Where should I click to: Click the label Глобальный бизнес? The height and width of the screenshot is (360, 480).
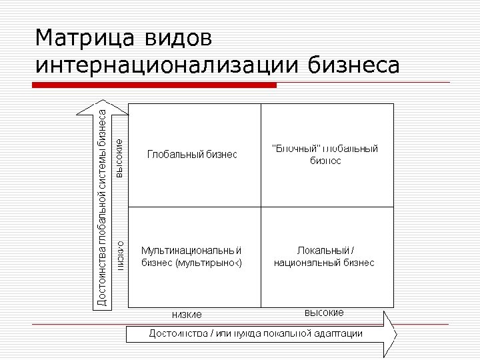coord(192,155)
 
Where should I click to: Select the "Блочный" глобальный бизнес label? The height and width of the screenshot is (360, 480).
coord(325,154)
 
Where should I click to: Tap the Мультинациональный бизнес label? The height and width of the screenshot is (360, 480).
coord(191,257)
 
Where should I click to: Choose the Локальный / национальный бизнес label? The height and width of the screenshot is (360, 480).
coord(325,257)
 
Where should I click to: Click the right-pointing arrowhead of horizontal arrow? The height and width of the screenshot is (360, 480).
coord(390,333)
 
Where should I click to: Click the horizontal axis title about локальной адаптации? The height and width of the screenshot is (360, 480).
coord(255,333)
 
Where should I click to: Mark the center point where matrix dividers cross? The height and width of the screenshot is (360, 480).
coord(261,207)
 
